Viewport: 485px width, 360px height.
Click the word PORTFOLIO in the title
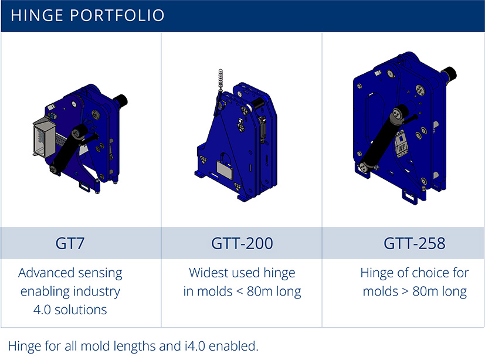pyautogui.click(x=117, y=15)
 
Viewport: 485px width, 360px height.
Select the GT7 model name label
pyautogui.click(x=70, y=243)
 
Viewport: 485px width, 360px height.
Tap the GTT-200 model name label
pyautogui.click(x=242, y=243)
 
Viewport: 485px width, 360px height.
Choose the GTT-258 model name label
pyautogui.click(x=415, y=243)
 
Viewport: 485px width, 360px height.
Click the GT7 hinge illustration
pyautogui.click(x=80, y=138)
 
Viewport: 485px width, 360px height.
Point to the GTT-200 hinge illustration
pyautogui.click(x=236, y=136)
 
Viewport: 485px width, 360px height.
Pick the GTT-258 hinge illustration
pyautogui.click(x=405, y=127)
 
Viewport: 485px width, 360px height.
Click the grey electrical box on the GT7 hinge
pyautogui.click(x=43, y=137)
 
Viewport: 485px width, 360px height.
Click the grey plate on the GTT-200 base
pyautogui.click(x=225, y=169)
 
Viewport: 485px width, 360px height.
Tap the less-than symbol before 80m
pyautogui.click(x=239, y=291)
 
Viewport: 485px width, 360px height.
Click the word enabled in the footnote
pyautogui.click(x=233, y=346)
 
